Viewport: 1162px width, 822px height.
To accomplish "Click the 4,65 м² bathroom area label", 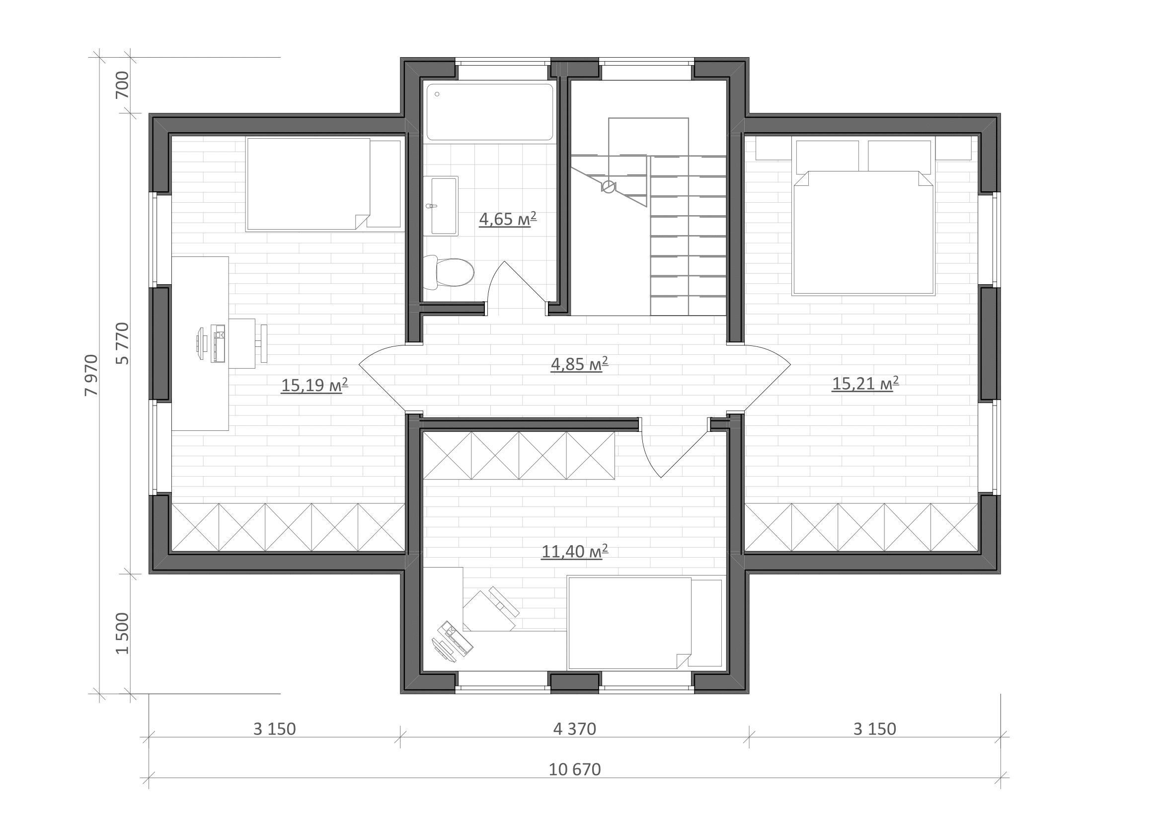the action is [508, 219].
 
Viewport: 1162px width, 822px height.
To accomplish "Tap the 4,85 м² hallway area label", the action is [579, 364].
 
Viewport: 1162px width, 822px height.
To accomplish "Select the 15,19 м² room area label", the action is [314, 385].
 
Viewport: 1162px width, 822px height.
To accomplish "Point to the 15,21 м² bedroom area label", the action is [865, 384].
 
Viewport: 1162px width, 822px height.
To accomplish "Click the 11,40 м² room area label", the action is [574, 551].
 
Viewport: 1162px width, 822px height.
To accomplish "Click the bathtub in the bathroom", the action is [490, 112].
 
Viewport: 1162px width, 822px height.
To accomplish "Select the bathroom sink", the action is [441, 206].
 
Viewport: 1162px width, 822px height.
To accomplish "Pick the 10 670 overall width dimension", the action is [575, 770].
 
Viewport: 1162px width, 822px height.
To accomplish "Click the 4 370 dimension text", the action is [575, 730].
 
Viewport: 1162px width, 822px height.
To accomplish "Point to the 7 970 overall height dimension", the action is [91, 375].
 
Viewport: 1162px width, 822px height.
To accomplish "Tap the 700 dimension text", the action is [123, 85].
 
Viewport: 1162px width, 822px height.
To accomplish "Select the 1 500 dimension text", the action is [123, 633].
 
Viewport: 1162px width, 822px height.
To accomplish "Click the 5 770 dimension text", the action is [123, 343].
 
